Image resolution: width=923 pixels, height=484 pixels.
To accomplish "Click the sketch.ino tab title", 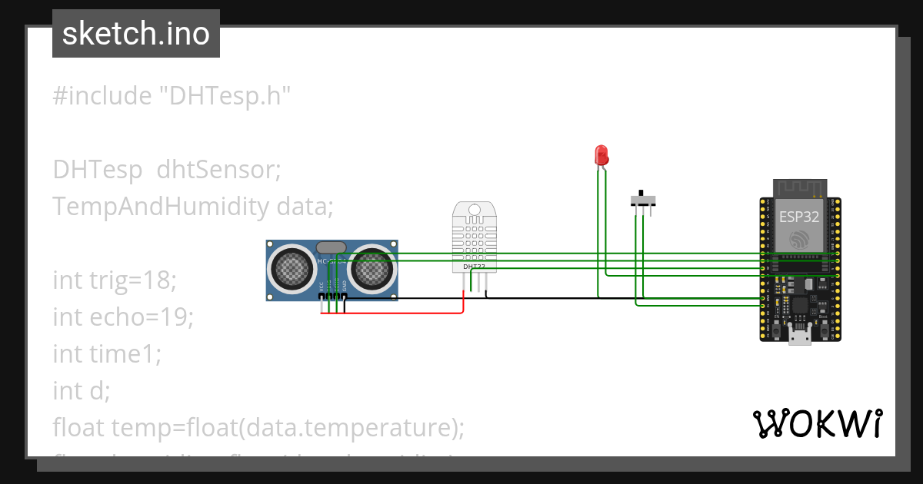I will pyautogui.click(x=136, y=34).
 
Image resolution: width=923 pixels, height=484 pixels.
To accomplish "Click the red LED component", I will pyautogui.click(x=601, y=154).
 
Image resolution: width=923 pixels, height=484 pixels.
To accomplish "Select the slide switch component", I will pyautogui.click(x=643, y=201).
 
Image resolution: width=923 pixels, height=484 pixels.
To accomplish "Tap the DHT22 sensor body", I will pyautogui.click(x=474, y=234).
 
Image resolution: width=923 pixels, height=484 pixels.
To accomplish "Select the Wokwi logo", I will pyautogui.click(x=817, y=424).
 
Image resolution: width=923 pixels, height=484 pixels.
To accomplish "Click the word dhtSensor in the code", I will pyautogui.click(x=218, y=169).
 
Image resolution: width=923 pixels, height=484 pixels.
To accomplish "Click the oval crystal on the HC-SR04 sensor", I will pyautogui.click(x=331, y=247).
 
